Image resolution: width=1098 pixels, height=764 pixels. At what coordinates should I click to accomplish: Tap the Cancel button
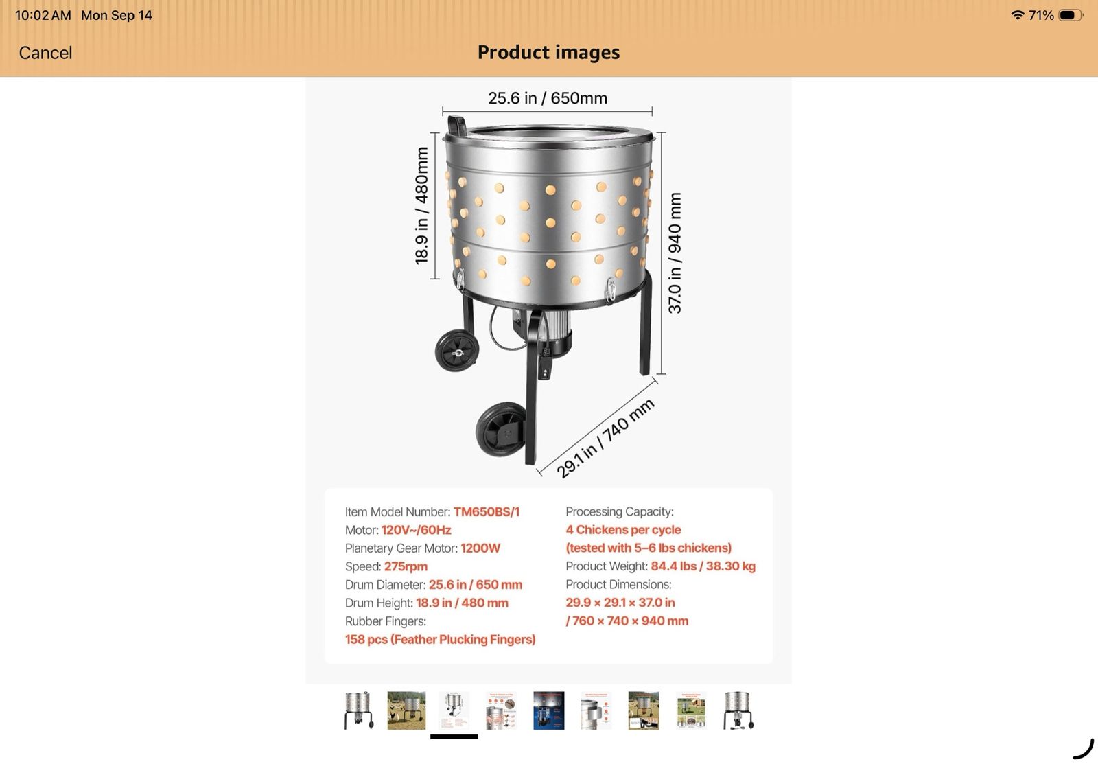click(45, 53)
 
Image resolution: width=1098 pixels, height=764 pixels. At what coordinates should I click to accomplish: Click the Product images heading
click(548, 52)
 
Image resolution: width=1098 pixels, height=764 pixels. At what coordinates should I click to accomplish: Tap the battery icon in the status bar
click(1071, 15)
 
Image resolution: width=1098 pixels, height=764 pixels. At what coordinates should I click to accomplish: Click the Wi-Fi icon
click(1018, 14)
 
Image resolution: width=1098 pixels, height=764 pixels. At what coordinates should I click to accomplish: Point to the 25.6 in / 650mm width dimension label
click(548, 98)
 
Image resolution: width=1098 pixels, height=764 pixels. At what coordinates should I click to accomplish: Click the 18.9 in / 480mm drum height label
click(421, 205)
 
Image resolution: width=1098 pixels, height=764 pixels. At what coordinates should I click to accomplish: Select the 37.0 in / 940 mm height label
click(675, 253)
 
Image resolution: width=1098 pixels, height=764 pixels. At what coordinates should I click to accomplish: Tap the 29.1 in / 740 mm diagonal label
click(605, 438)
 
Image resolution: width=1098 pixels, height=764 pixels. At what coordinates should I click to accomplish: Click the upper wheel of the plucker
click(457, 351)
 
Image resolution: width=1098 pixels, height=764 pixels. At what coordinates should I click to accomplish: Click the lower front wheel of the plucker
click(501, 430)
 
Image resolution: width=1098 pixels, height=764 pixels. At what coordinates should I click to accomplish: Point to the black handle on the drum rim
click(457, 126)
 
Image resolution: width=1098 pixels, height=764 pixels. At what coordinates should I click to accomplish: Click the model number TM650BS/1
click(487, 512)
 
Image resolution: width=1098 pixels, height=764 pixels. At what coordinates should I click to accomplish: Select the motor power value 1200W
click(480, 548)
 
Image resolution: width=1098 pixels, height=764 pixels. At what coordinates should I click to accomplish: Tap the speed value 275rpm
click(406, 566)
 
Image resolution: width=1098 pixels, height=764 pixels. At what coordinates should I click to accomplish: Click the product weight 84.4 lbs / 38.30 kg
click(703, 566)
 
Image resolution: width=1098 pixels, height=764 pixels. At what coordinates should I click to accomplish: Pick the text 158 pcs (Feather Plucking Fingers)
click(440, 640)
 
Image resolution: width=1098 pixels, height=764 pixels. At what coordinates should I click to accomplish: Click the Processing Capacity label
click(620, 511)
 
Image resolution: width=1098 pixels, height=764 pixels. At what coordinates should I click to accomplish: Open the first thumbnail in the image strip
click(359, 710)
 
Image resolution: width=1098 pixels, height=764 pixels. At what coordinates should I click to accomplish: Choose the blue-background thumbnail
click(548, 710)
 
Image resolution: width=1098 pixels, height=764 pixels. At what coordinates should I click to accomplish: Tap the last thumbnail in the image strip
click(738, 710)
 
